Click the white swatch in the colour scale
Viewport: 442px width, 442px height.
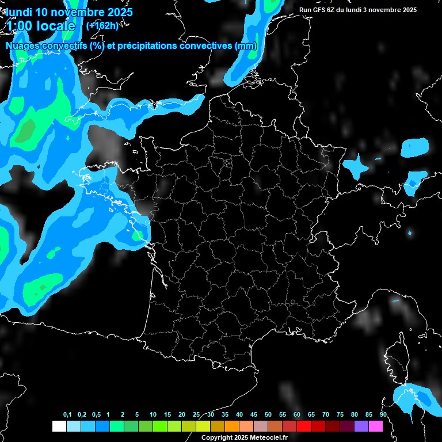coord(59,426)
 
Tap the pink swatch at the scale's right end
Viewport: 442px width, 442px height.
coord(376,426)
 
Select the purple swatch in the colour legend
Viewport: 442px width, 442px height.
coord(361,426)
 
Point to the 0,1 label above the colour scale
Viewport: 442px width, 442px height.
coord(67,415)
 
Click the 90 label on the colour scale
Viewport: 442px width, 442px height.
coord(383,415)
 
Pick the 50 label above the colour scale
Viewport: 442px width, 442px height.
coord(268,415)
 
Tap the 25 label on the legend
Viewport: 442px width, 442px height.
coord(196,415)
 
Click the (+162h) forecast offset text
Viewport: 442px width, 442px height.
coord(102,25)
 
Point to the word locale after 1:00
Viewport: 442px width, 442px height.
coord(54,26)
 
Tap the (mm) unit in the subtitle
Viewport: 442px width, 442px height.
coord(246,46)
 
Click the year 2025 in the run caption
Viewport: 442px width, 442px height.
coord(409,10)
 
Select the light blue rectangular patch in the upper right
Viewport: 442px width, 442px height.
coord(415,147)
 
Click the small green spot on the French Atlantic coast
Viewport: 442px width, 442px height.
coord(136,235)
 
